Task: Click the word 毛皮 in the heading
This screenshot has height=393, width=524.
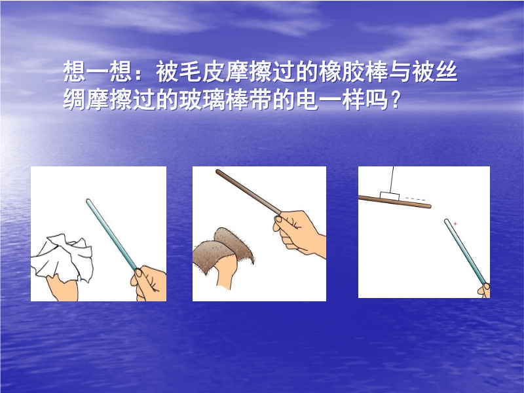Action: [191, 71]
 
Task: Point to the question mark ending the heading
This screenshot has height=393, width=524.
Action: [396, 100]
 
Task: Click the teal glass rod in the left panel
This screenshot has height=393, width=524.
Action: [111, 234]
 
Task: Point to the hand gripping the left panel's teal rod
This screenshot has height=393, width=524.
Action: [149, 284]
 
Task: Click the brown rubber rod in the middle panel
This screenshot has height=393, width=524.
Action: [249, 192]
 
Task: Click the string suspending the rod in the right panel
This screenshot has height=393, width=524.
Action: [391, 179]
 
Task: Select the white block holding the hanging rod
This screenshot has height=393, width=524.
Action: [390, 196]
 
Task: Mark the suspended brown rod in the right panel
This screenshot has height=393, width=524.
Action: [395, 202]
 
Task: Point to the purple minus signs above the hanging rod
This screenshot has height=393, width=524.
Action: [415, 199]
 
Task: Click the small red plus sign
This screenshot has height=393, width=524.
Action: [455, 224]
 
